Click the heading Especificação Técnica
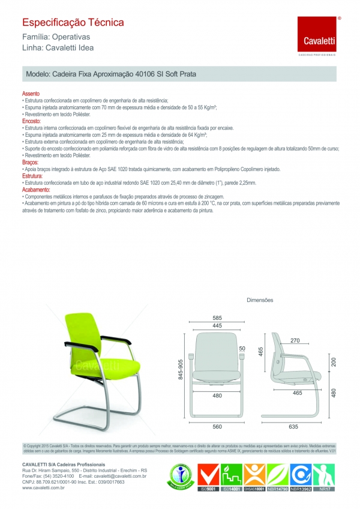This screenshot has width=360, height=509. coord(73,23)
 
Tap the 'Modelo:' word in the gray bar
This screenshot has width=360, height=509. coord(39,75)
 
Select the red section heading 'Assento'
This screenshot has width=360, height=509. coord(31,94)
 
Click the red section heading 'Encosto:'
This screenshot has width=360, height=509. coord(31,121)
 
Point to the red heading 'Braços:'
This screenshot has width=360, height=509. coord(30,163)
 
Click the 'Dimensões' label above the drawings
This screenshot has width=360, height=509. coord(260,299)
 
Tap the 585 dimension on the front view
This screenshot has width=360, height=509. coord(217,318)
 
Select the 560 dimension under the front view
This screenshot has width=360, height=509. coord(217,426)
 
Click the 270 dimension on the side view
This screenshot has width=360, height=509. coord(295,341)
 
